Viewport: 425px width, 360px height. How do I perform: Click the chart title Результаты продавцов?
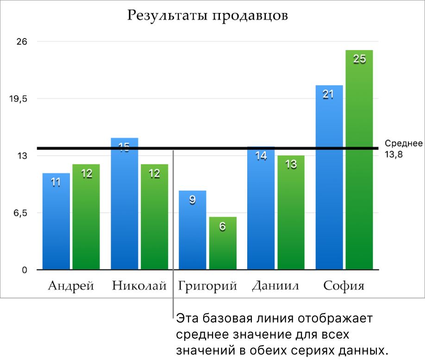point(207,15)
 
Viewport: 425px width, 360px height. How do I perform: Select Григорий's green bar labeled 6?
point(223,243)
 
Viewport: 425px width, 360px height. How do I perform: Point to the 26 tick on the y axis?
point(22,42)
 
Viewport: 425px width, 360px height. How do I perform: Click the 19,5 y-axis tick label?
point(19,99)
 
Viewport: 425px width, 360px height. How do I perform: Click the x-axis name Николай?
point(139,286)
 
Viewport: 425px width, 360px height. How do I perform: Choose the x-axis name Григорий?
point(207,286)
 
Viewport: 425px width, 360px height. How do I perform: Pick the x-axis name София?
point(344,286)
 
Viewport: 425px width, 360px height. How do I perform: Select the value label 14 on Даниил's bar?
point(261,156)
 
